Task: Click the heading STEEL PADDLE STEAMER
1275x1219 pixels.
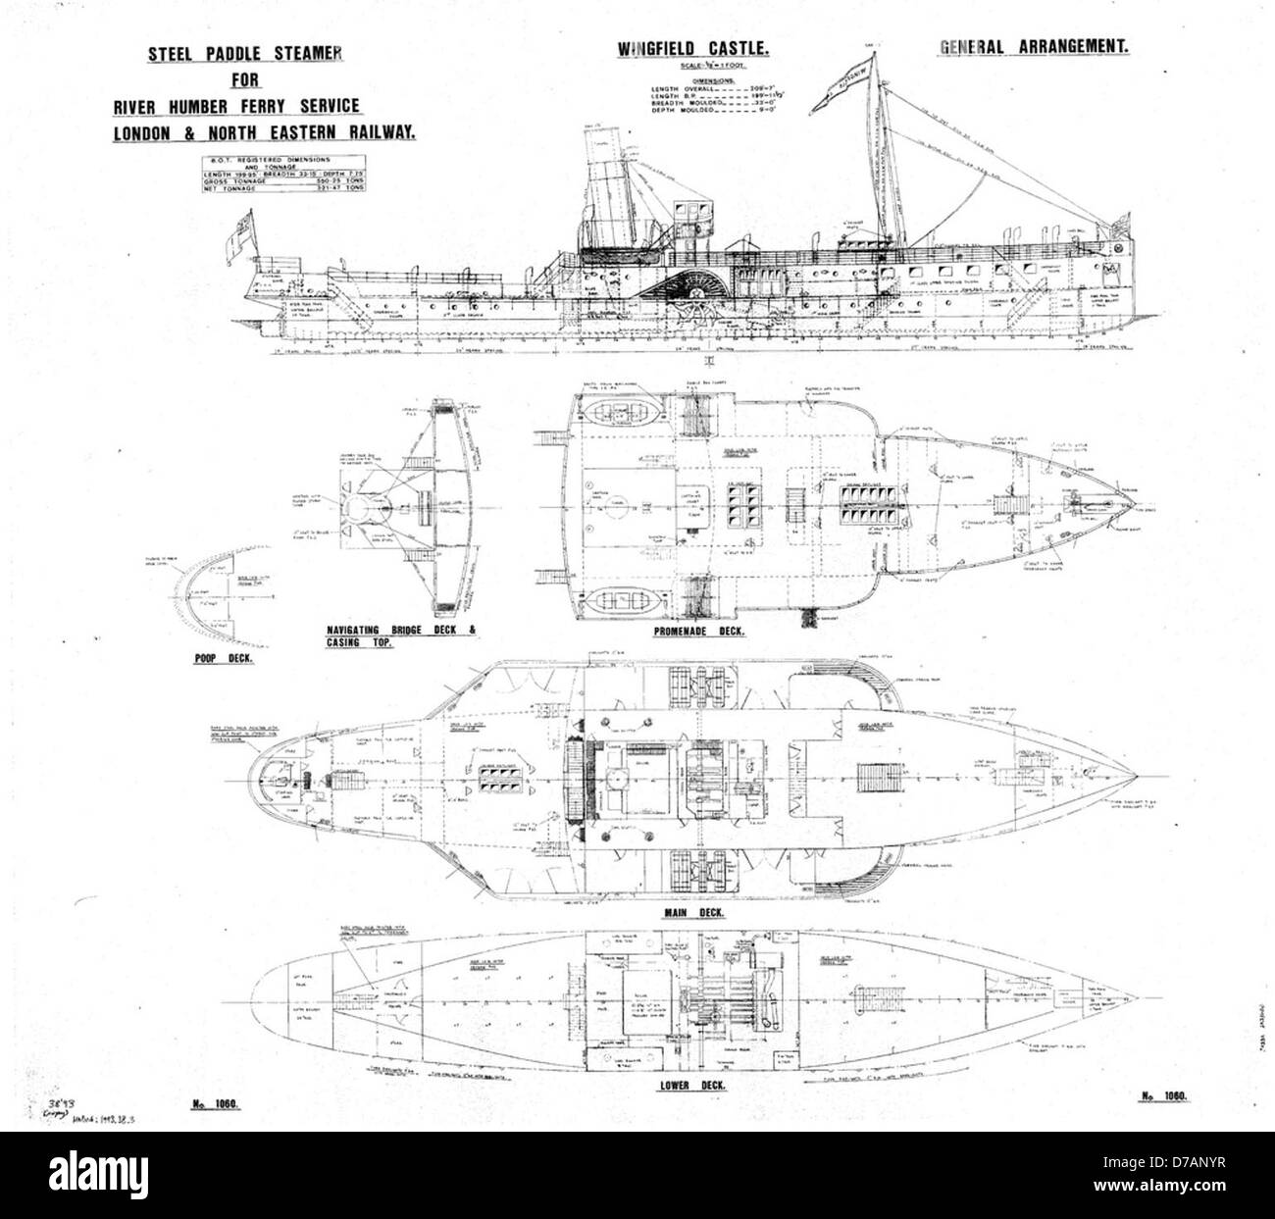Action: tap(245, 55)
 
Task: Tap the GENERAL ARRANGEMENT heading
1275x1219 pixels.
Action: tap(1035, 46)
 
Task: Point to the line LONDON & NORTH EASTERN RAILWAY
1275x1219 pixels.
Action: tap(263, 132)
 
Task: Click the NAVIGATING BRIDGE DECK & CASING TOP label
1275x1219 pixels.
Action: tap(402, 635)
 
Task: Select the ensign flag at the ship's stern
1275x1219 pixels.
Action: tap(234, 235)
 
